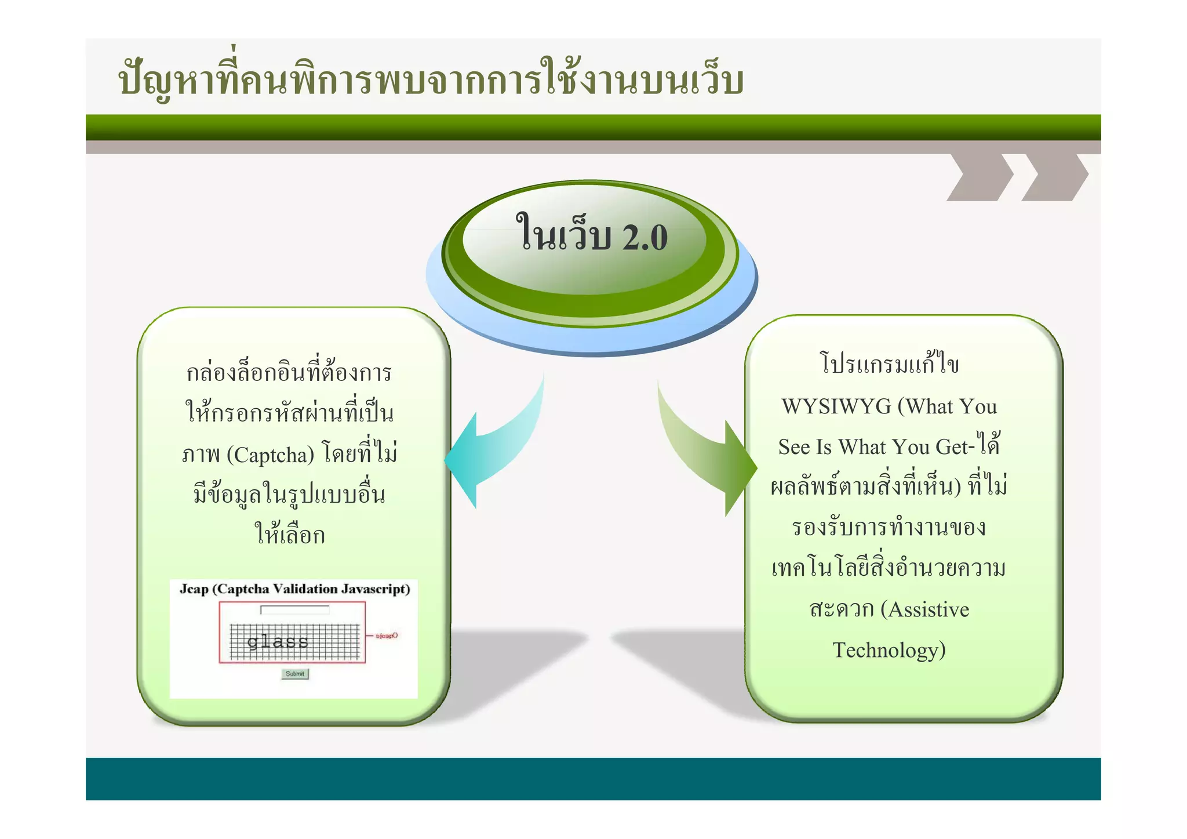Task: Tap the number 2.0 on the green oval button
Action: click(645, 238)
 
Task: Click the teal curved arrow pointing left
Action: click(493, 452)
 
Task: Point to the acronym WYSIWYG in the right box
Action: click(836, 406)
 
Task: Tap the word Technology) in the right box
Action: click(889, 650)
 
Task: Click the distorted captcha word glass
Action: click(278, 641)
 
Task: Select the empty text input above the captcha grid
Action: click(295, 609)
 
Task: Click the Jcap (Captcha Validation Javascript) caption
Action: click(294, 589)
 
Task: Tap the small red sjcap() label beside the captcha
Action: click(387, 636)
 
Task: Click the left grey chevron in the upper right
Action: click(981, 177)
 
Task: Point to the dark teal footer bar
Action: click(593, 779)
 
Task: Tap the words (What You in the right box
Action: click(948, 406)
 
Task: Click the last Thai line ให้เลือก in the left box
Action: click(290, 535)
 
